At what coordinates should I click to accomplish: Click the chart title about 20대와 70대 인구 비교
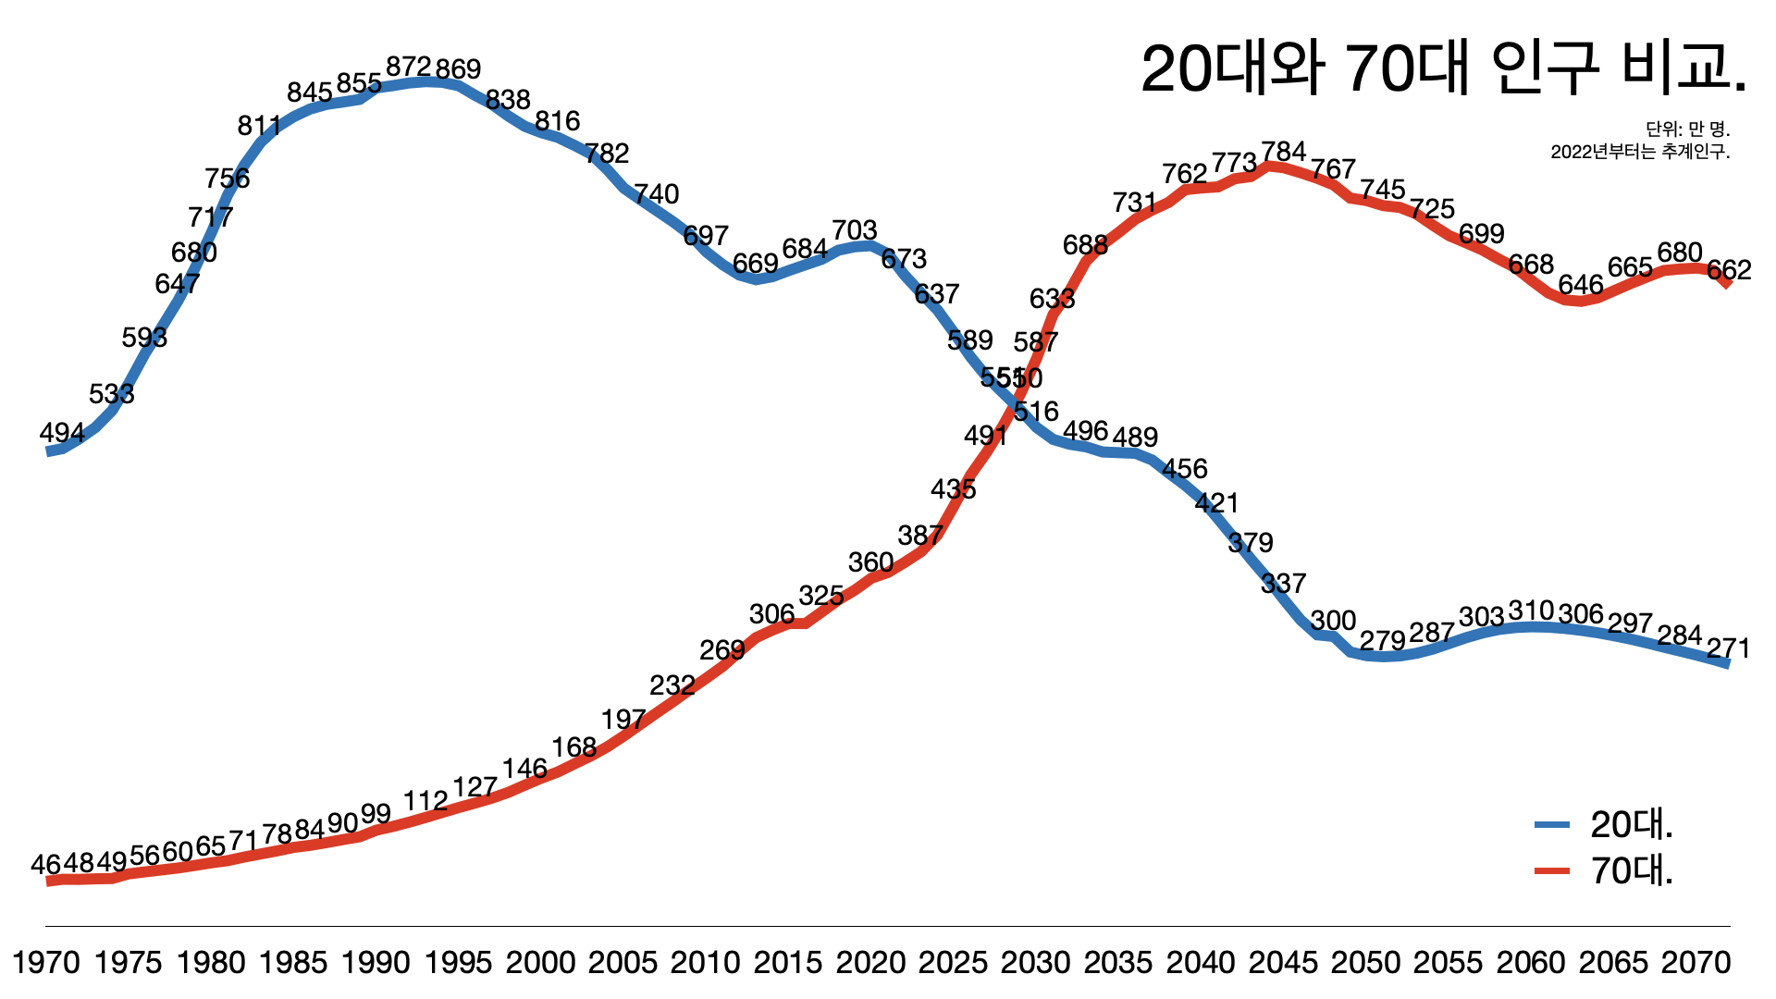(x=1443, y=68)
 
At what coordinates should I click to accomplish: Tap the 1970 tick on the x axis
(x=46, y=963)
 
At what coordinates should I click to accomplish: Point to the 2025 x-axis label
(x=953, y=963)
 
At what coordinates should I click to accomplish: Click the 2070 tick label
(x=1696, y=963)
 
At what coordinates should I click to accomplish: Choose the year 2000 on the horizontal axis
(x=541, y=963)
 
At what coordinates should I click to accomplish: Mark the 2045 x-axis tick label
(x=1283, y=963)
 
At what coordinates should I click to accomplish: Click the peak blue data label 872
(x=408, y=67)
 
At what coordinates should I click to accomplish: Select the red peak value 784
(x=1284, y=151)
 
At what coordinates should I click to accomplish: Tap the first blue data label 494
(x=62, y=432)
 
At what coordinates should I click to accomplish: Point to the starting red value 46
(x=45, y=865)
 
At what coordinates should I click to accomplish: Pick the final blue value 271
(x=1728, y=648)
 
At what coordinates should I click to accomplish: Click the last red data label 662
(x=1729, y=270)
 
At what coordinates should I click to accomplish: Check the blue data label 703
(x=854, y=229)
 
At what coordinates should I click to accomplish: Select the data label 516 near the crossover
(x=1036, y=412)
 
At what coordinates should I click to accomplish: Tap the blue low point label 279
(x=1382, y=640)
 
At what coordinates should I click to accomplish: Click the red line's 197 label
(x=623, y=719)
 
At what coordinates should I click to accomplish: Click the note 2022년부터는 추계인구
(x=1640, y=152)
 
